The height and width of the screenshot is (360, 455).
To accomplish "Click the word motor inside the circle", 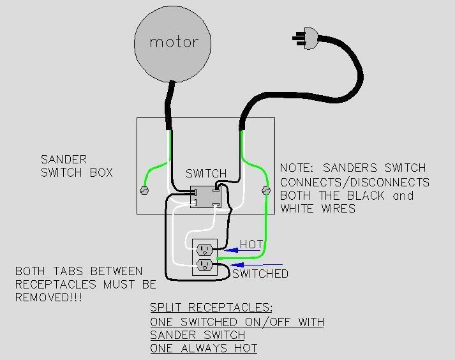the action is [174, 42].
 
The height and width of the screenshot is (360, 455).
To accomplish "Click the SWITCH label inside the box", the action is [206, 174].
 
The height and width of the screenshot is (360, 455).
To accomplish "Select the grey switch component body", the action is [205, 197].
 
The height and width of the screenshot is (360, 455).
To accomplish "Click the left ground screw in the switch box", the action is [144, 190].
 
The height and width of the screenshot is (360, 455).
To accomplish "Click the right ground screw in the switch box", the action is [266, 190].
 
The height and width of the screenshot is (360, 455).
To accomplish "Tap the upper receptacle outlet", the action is [204, 249].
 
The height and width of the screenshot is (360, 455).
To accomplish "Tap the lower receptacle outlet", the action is [204, 264].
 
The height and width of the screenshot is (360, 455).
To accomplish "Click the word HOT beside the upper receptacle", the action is [251, 244].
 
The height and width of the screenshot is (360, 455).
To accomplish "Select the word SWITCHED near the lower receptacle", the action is [260, 273].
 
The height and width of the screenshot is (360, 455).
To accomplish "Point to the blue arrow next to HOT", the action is [242, 250].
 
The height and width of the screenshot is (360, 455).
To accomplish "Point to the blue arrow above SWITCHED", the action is [256, 265].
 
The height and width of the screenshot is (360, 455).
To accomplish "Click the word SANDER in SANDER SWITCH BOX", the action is [64, 160].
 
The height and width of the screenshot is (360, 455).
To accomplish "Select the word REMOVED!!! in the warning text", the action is [48, 297].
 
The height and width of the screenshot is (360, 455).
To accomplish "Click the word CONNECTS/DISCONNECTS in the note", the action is [355, 183].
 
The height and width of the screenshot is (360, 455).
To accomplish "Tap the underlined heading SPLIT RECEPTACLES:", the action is [211, 307].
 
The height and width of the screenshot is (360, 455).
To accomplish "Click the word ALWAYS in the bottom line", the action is [204, 348].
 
